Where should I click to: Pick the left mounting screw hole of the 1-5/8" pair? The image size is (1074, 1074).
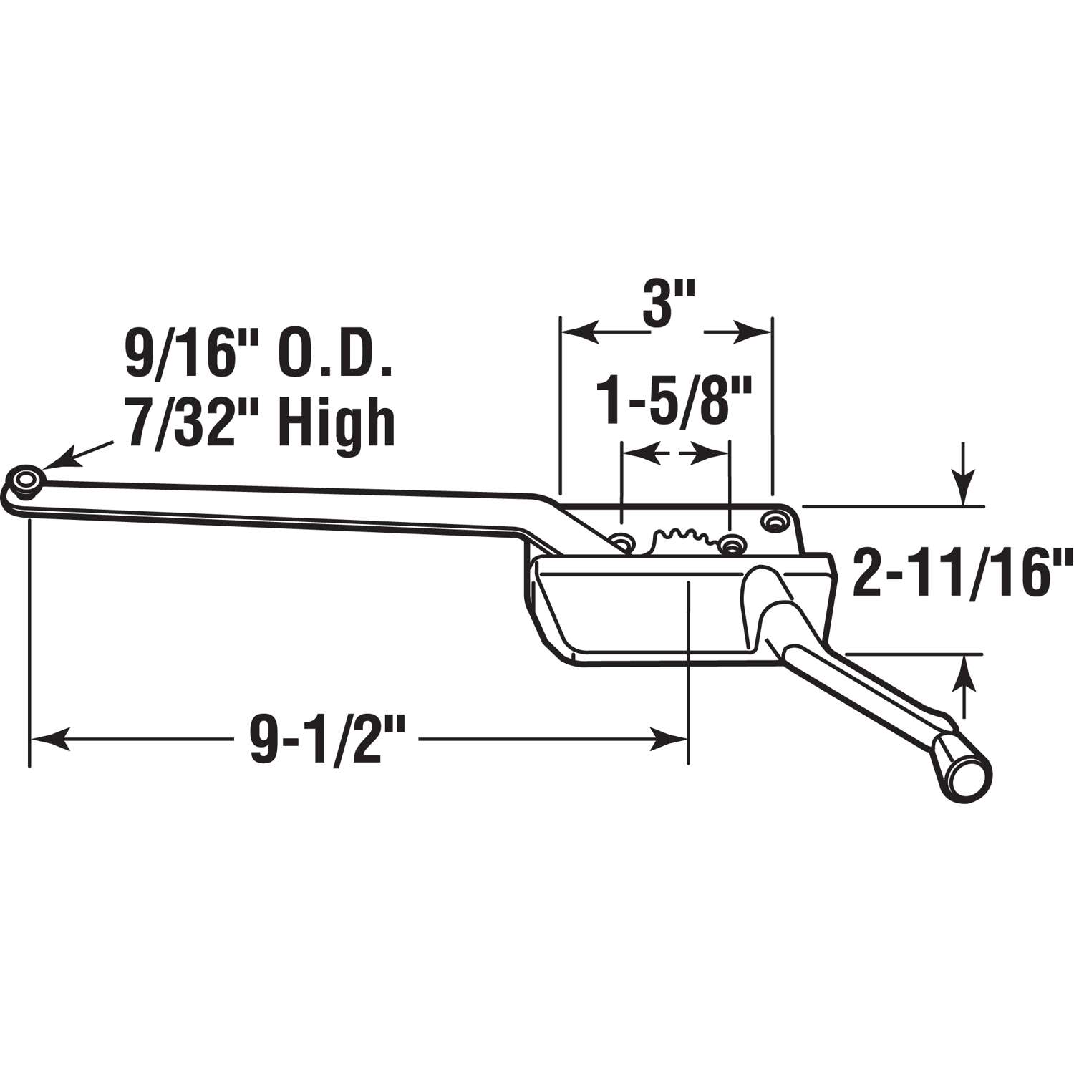tap(623, 542)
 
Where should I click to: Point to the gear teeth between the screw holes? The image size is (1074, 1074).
tap(677, 537)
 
